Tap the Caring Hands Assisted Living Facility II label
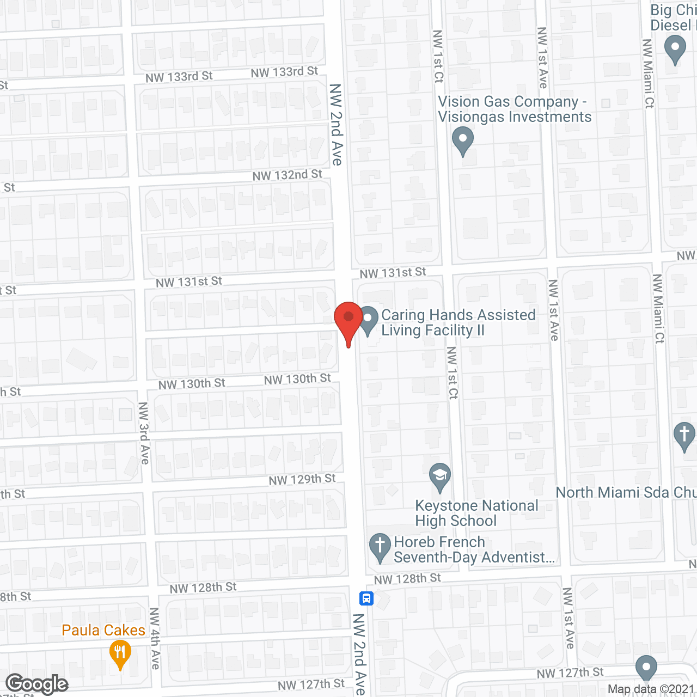click(x=458, y=322)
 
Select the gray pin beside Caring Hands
click(x=369, y=320)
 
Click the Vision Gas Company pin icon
click(x=463, y=140)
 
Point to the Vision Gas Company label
click(x=514, y=109)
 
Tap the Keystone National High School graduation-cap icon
click(x=439, y=477)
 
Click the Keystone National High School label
click(x=476, y=513)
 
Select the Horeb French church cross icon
click(x=380, y=547)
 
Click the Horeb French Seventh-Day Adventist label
click(x=474, y=549)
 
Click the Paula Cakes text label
click(x=103, y=630)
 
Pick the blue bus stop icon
click(x=366, y=598)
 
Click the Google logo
click(x=36, y=684)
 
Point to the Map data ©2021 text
click(x=651, y=689)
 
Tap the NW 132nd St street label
click(x=287, y=175)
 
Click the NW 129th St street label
click(x=302, y=480)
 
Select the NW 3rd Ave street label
click(x=144, y=433)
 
